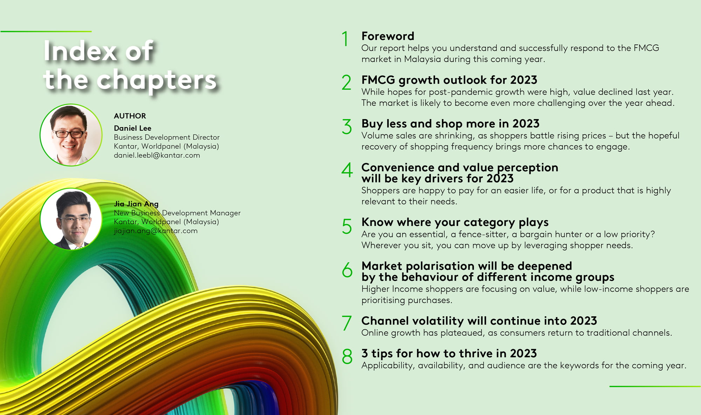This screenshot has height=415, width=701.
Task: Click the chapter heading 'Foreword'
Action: point(388,36)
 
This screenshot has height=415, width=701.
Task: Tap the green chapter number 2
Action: point(346,83)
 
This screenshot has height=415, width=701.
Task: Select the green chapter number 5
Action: point(347,226)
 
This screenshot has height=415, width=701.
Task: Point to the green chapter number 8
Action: point(347,356)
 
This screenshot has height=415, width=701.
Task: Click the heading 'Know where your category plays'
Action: point(455,222)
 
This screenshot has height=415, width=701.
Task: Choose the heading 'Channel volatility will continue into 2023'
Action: point(479,321)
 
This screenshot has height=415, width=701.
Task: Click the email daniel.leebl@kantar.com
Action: point(157,155)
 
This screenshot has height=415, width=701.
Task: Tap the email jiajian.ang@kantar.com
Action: point(156,231)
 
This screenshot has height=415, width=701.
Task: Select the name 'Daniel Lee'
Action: point(132,128)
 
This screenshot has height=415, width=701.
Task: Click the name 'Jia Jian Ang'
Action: point(136,204)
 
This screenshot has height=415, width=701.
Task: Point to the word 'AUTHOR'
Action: point(130,116)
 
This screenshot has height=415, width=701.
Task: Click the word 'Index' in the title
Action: point(80,51)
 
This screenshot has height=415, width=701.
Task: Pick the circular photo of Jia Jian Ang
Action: point(71,219)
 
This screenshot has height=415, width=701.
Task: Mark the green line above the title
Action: point(46,32)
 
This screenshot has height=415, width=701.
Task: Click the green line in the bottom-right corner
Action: point(655,386)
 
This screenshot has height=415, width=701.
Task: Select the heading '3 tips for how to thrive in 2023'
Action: point(449,353)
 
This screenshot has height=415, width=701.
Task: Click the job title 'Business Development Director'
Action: point(166,137)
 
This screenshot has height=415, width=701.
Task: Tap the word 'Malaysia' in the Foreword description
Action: point(422,59)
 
